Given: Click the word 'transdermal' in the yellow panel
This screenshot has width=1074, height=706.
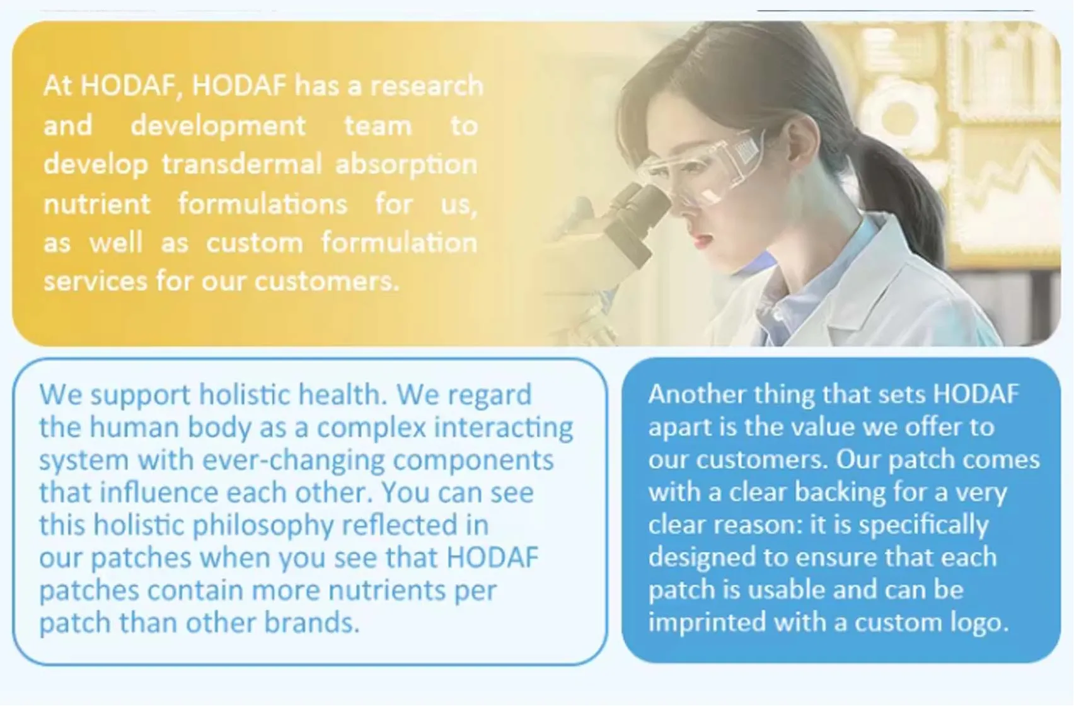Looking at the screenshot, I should point(241,165).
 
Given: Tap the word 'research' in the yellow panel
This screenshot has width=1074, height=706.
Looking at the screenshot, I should point(427,86).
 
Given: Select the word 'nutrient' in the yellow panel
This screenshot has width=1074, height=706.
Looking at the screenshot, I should point(97,204).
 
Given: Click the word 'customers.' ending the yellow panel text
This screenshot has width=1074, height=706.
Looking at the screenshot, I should point(326,281).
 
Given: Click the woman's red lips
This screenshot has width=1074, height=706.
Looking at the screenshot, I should point(702,239).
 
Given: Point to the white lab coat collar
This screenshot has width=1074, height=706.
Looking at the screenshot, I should point(882,277).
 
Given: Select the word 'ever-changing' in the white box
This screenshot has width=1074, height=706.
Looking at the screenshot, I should point(293,460).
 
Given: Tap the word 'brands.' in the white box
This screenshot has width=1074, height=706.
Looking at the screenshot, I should point(311,623).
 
